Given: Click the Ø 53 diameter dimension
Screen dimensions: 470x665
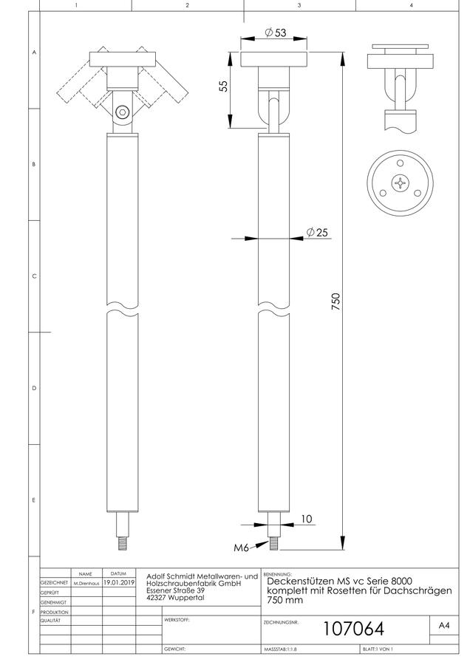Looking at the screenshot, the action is click(276, 33).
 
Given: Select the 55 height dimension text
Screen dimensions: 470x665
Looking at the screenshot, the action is click(224, 86).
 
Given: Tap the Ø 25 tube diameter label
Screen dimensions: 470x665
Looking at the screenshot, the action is click(317, 232).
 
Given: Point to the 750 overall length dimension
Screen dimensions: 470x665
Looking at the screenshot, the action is click(336, 301).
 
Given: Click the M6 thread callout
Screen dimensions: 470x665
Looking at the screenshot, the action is click(241, 548).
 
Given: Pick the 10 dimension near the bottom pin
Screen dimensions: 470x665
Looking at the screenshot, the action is click(306, 519).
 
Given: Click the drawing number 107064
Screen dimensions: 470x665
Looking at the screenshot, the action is click(353, 628).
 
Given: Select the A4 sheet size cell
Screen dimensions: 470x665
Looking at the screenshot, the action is click(443, 625).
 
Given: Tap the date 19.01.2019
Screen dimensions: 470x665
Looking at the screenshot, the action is click(119, 583).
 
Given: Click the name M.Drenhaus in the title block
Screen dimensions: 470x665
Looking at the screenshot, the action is click(86, 584).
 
